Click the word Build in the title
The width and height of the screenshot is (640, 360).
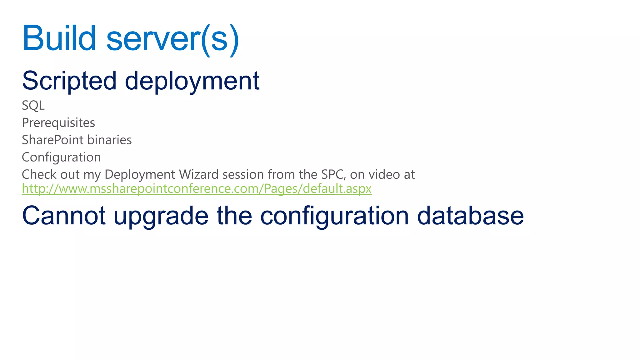click(59, 38)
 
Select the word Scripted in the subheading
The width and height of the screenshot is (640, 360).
click(69, 81)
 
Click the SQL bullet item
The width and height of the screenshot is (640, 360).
click(33, 106)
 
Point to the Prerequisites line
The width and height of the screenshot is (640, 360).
click(58, 123)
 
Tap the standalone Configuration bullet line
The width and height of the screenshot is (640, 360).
click(61, 157)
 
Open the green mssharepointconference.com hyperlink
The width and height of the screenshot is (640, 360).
click(196, 189)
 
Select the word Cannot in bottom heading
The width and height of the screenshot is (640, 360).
click(64, 216)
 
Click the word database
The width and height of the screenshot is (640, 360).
click(470, 216)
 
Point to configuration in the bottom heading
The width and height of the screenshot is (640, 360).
click(334, 217)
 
